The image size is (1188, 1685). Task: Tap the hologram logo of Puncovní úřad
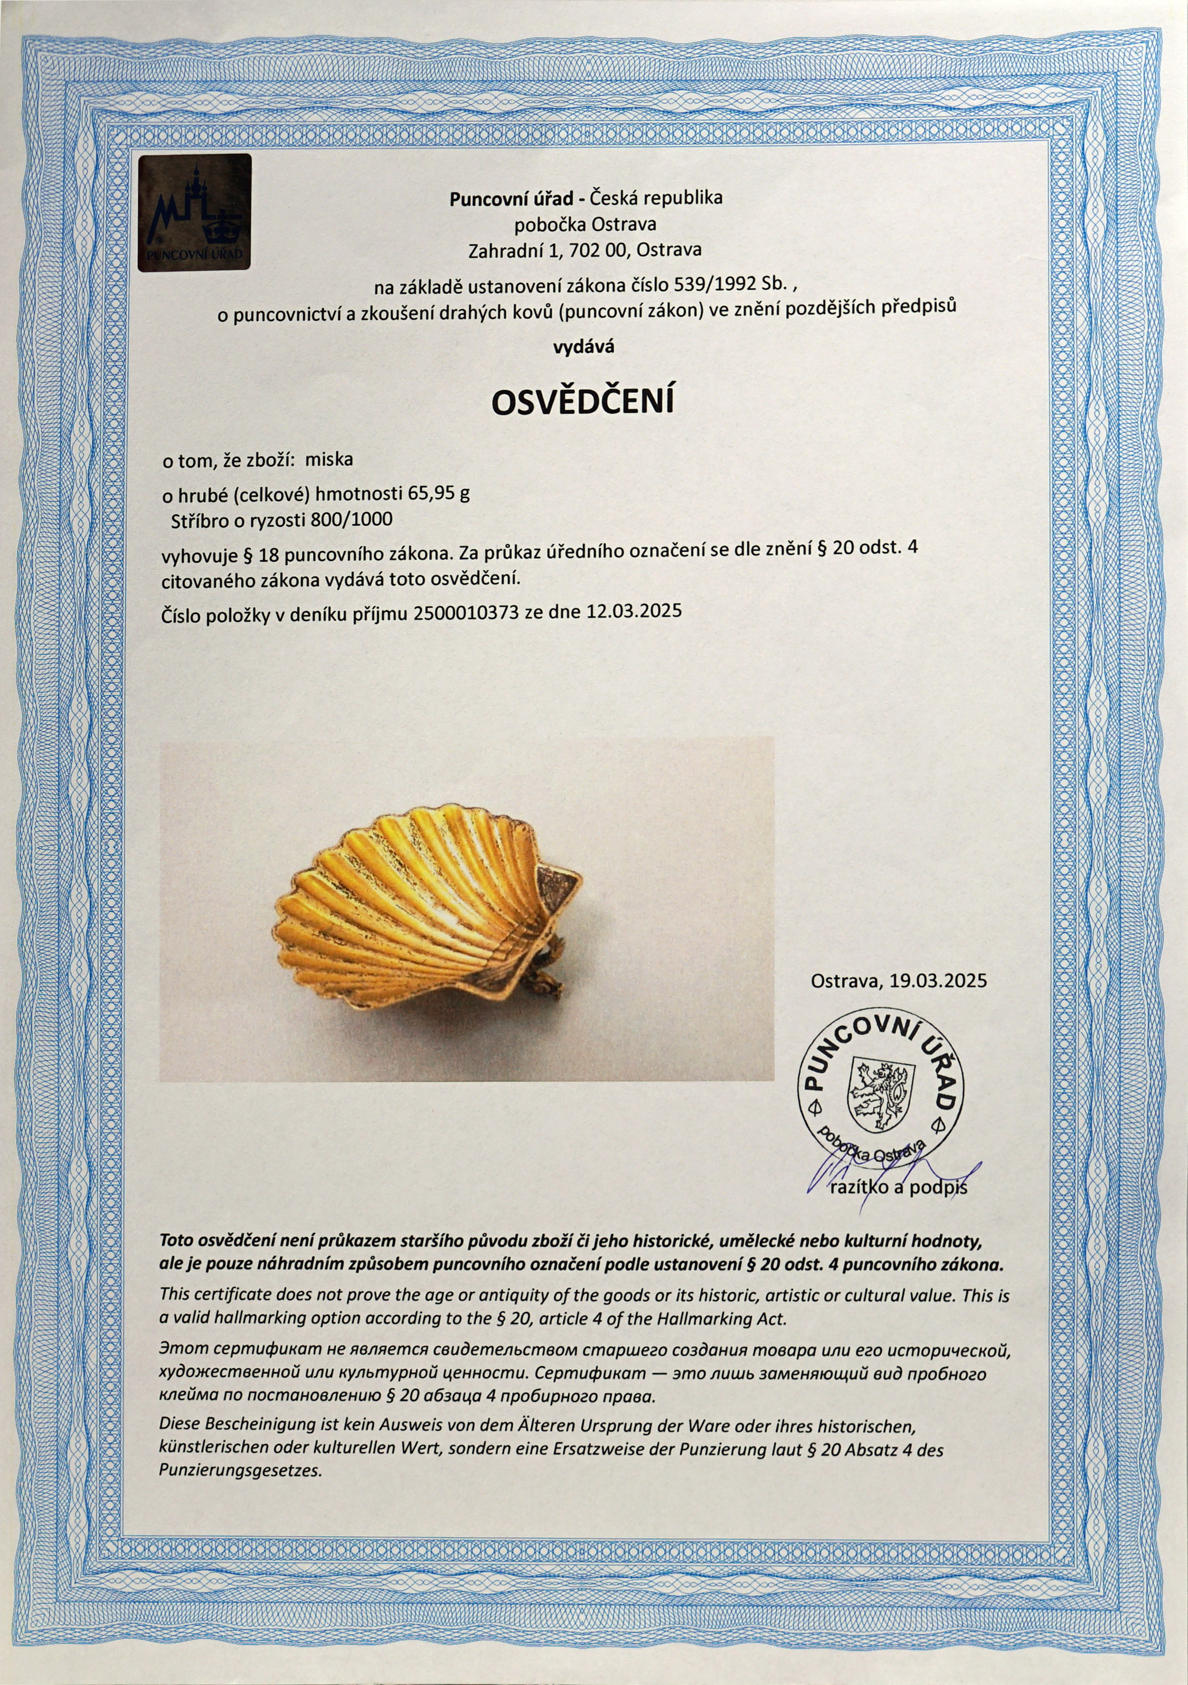(x=195, y=213)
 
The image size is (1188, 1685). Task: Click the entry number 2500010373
(x=466, y=611)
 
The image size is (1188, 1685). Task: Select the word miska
(x=329, y=460)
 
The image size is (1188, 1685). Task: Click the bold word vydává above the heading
(x=584, y=348)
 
